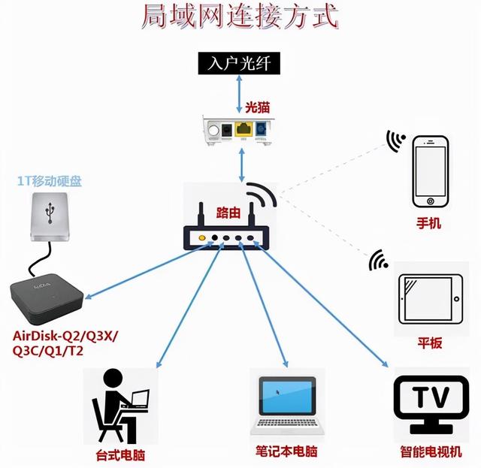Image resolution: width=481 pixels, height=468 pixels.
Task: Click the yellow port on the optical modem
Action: click(243, 129)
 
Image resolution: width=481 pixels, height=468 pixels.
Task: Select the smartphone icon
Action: click(431, 171)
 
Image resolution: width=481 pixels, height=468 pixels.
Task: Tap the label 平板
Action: click(430, 343)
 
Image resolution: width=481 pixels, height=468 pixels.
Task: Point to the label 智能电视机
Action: click(430, 453)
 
